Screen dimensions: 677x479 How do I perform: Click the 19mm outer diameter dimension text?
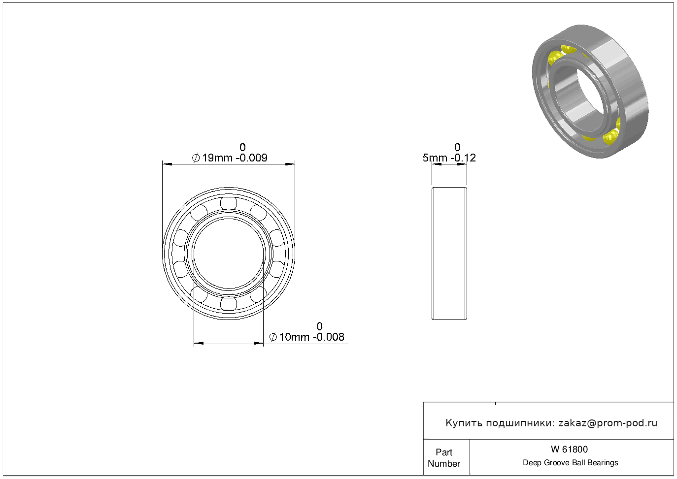coord(217,158)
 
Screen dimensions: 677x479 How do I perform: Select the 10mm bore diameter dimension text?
coord(294,337)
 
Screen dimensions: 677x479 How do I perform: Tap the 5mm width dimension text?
coord(435,158)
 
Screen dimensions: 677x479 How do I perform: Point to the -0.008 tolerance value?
coord(329,337)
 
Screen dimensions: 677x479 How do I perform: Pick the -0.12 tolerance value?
coord(463,158)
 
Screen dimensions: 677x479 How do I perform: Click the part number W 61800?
coord(569,449)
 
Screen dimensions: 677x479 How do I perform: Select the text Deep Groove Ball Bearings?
coord(570,463)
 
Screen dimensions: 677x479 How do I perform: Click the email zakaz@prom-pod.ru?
coord(608,423)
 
